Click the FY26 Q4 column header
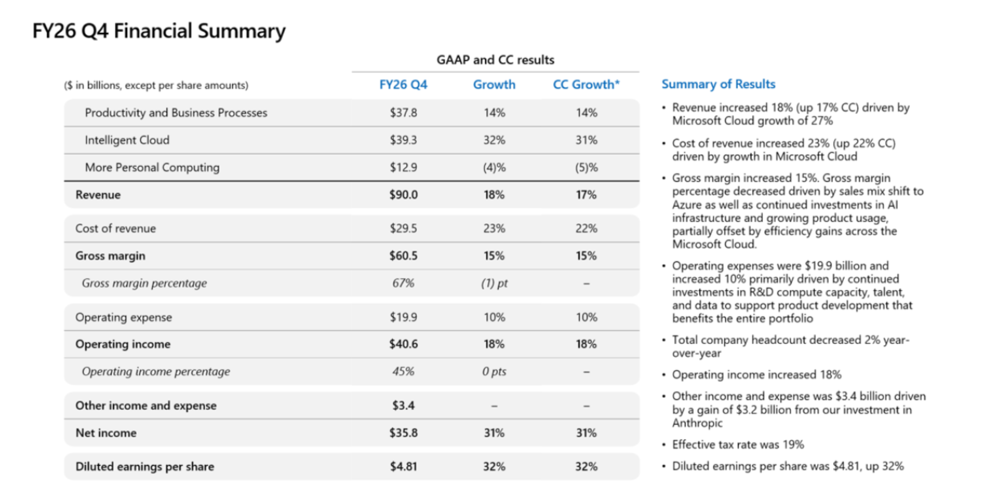(x=403, y=84)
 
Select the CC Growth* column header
(x=586, y=84)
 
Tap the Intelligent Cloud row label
(x=127, y=140)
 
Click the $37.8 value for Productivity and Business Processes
(x=403, y=112)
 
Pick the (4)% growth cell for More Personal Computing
(x=494, y=168)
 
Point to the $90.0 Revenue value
(x=403, y=195)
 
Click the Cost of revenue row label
(x=115, y=229)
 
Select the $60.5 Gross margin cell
(x=403, y=256)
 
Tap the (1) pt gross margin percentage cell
(x=494, y=283)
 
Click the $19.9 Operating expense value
(x=403, y=317)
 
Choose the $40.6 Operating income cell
(x=403, y=345)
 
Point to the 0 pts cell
(x=494, y=371)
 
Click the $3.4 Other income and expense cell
(x=403, y=406)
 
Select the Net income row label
(x=106, y=433)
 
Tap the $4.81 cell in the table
(x=403, y=467)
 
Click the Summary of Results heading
(x=718, y=84)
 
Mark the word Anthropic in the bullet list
(x=697, y=423)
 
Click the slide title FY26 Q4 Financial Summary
(x=159, y=31)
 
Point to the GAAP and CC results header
(x=495, y=60)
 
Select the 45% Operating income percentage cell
(x=403, y=371)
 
